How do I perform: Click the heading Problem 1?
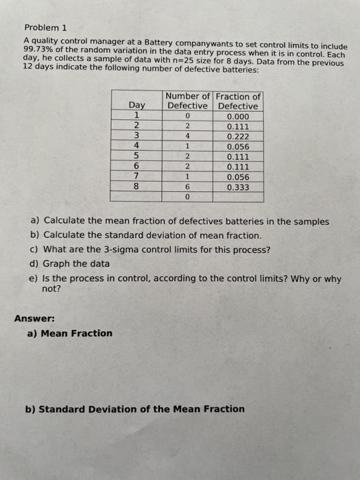click(x=45, y=28)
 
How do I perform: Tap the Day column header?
click(x=137, y=106)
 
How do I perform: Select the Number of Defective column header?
click(x=187, y=101)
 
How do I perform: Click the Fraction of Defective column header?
click(x=238, y=101)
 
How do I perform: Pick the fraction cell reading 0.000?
click(x=238, y=117)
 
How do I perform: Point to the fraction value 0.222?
click(x=238, y=136)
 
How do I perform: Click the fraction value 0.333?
click(x=238, y=187)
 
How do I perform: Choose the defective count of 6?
click(x=187, y=187)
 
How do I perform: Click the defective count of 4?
click(x=187, y=136)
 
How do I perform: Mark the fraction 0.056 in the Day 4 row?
click(x=238, y=147)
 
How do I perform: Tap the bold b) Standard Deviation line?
click(x=134, y=409)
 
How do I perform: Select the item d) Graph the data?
click(x=69, y=263)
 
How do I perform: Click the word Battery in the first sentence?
click(x=148, y=43)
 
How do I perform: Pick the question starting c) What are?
click(x=150, y=249)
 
